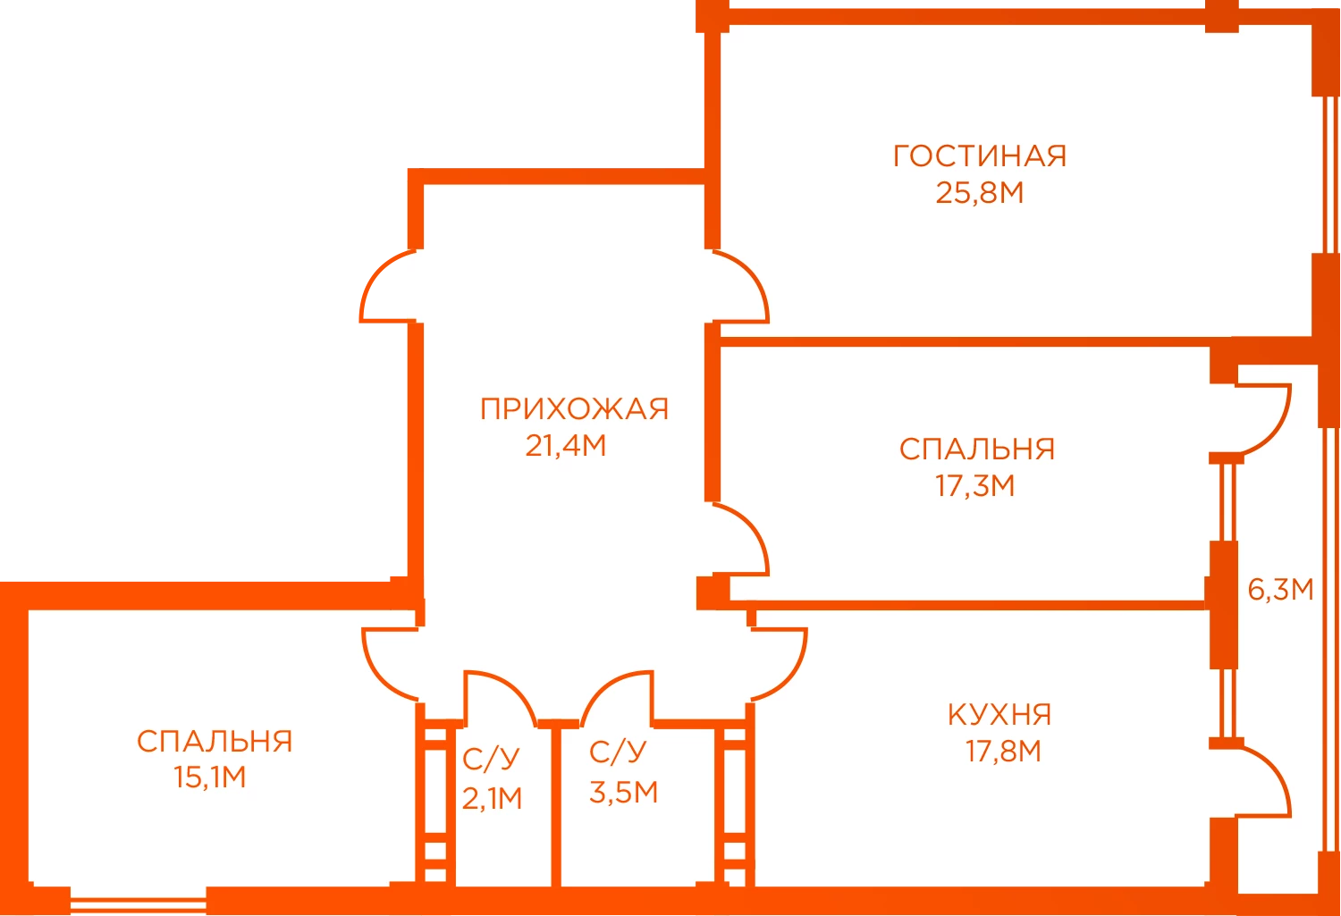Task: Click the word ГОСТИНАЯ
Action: click(980, 156)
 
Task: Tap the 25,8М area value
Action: click(980, 193)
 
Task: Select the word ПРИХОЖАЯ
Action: click(574, 409)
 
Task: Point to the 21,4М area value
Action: click(566, 446)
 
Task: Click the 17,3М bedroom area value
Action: click(975, 486)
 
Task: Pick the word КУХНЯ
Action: click(999, 715)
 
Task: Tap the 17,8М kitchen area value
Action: click(1003, 752)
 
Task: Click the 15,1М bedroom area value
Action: click(209, 777)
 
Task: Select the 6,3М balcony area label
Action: click(1280, 589)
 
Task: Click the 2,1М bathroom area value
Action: click(492, 799)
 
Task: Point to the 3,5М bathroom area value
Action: click(624, 793)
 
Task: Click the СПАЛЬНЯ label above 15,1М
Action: click(215, 742)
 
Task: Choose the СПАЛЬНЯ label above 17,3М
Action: click(977, 450)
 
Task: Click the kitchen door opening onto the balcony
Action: click(1274, 772)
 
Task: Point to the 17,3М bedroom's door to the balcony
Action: click(1274, 429)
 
